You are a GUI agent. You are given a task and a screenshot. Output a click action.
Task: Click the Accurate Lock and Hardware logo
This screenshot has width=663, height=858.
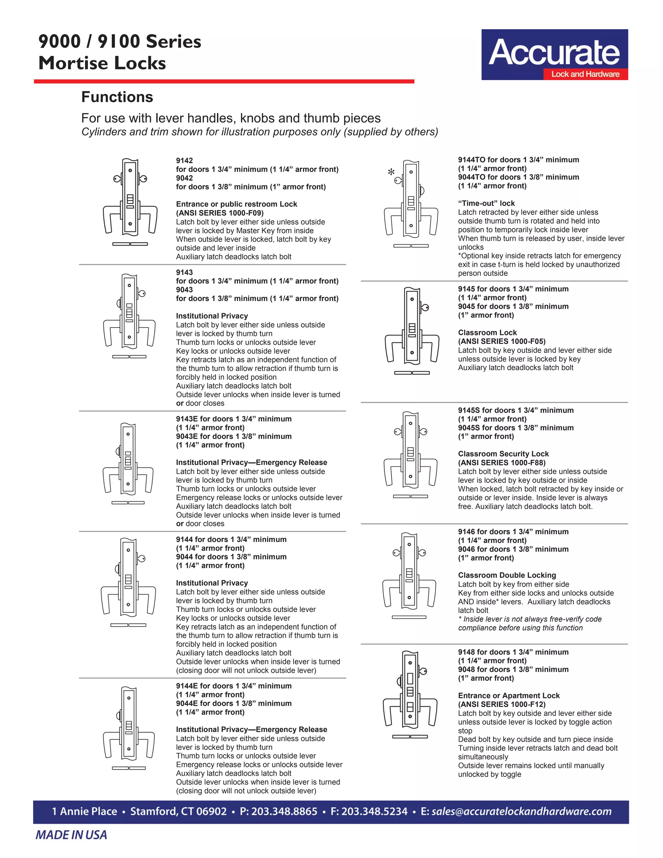click(x=554, y=55)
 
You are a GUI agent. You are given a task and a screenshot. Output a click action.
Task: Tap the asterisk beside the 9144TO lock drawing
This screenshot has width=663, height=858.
click(x=391, y=172)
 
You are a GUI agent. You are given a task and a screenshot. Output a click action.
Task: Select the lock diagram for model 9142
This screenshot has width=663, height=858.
click(x=130, y=201)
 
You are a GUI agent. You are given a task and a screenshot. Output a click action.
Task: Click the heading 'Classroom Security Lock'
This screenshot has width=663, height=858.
click(x=503, y=454)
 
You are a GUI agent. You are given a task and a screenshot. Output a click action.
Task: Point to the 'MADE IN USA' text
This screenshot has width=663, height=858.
click(x=71, y=835)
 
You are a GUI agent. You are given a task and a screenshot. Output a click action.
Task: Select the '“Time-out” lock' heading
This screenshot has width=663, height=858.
click(x=486, y=203)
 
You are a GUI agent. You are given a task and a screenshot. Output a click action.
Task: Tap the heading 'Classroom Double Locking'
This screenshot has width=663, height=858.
click(x=507, y=575)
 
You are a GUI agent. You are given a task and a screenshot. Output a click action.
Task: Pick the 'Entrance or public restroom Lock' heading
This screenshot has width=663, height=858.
click(x=236, y=204)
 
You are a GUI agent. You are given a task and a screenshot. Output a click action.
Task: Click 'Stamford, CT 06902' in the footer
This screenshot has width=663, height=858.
click(x=178, y=811)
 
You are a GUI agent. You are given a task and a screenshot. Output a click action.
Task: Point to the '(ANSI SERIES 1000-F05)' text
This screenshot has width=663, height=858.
click(x=501, y=341)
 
